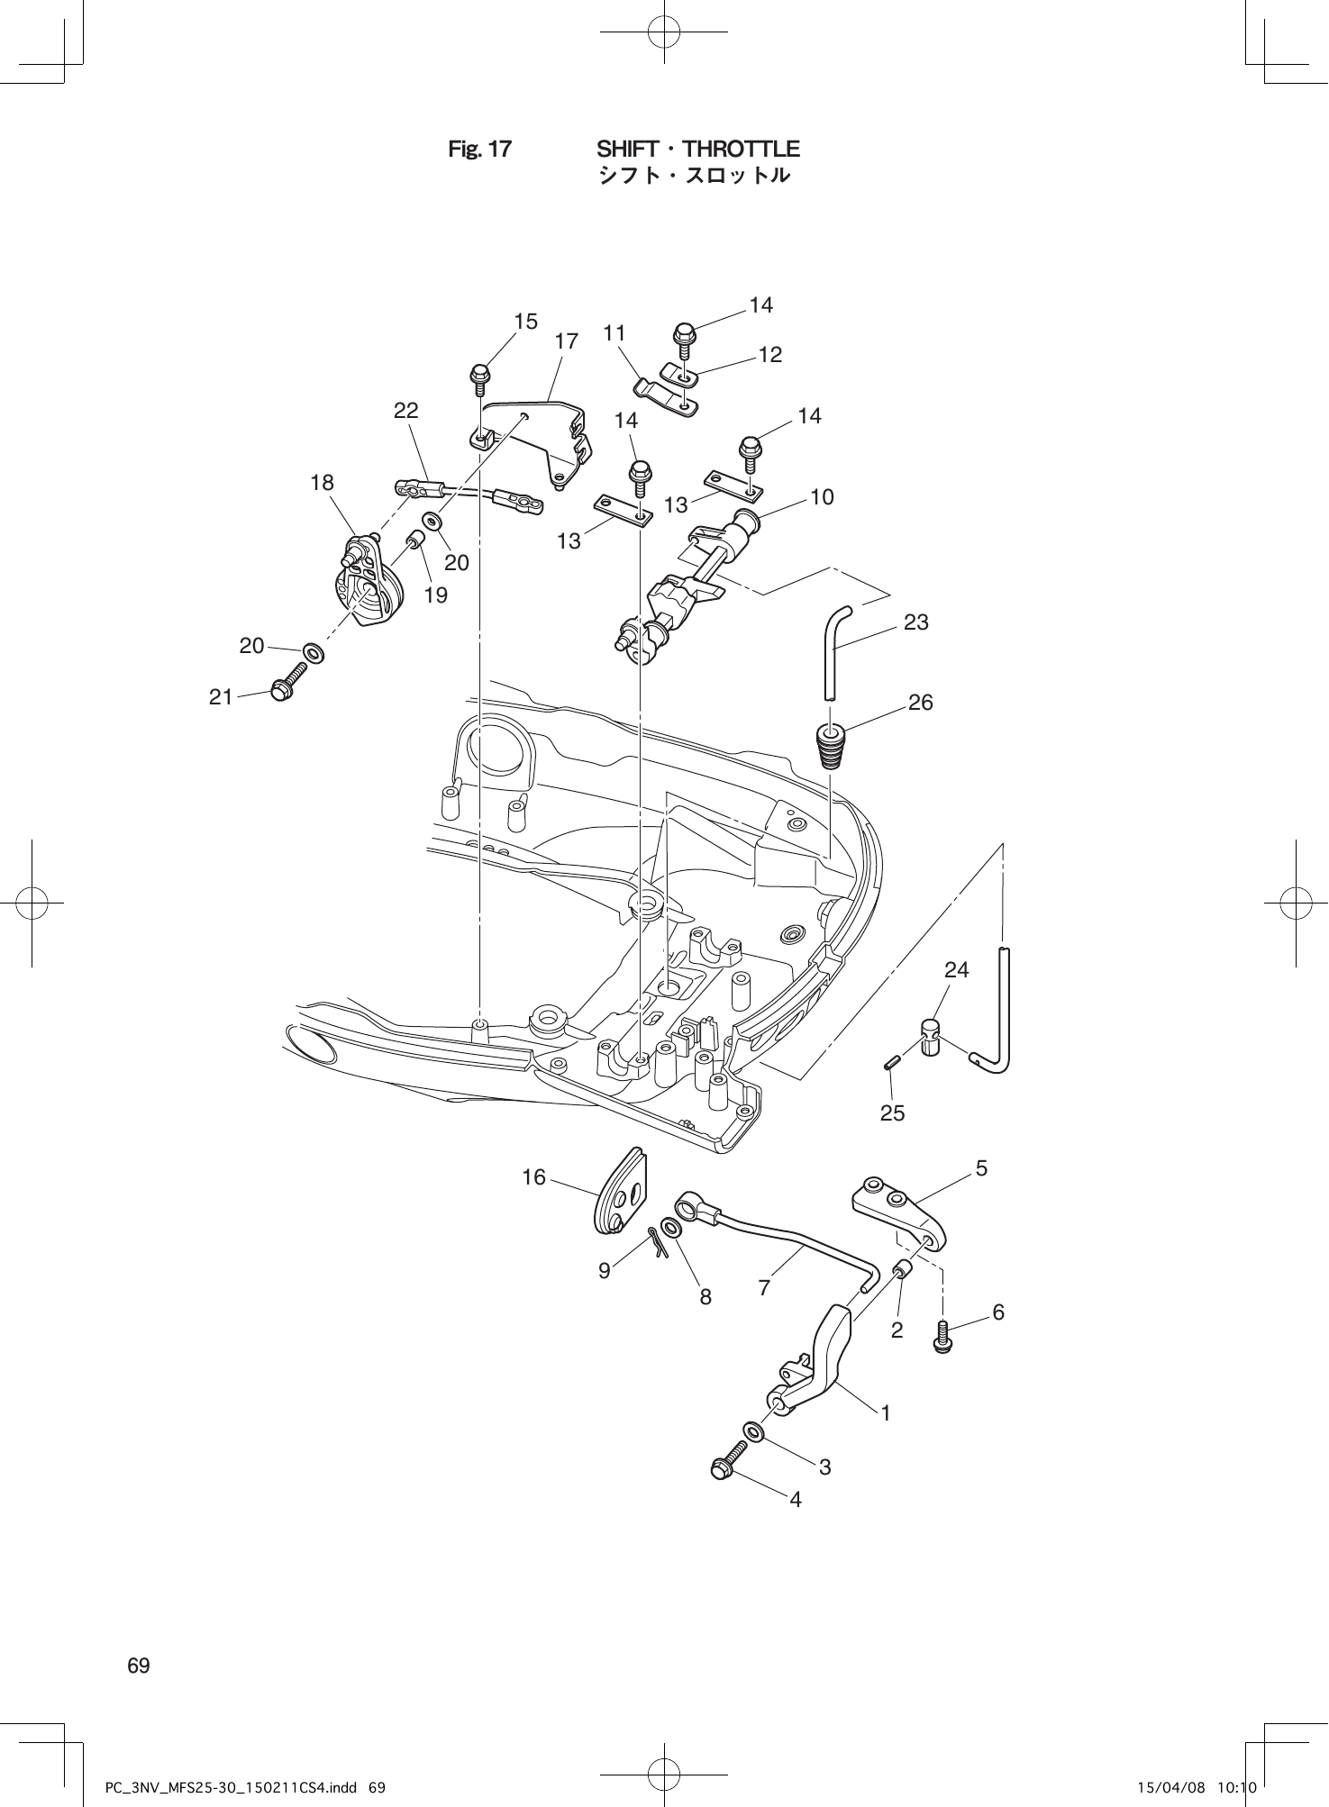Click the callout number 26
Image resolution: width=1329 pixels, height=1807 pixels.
920,702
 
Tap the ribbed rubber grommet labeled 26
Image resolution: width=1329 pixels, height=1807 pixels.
830,745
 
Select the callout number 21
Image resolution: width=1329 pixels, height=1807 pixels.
221,696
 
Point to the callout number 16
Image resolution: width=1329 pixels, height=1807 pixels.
533,1176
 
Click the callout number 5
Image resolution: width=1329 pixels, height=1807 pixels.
981,1168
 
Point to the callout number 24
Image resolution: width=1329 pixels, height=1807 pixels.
956,969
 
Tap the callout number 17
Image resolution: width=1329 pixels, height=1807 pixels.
566,341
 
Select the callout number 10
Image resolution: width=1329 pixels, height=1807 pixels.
822,496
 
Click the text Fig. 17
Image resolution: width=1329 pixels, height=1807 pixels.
479,150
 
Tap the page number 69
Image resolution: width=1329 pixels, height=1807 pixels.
139,1666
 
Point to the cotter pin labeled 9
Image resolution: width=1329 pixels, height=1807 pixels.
657,1242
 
